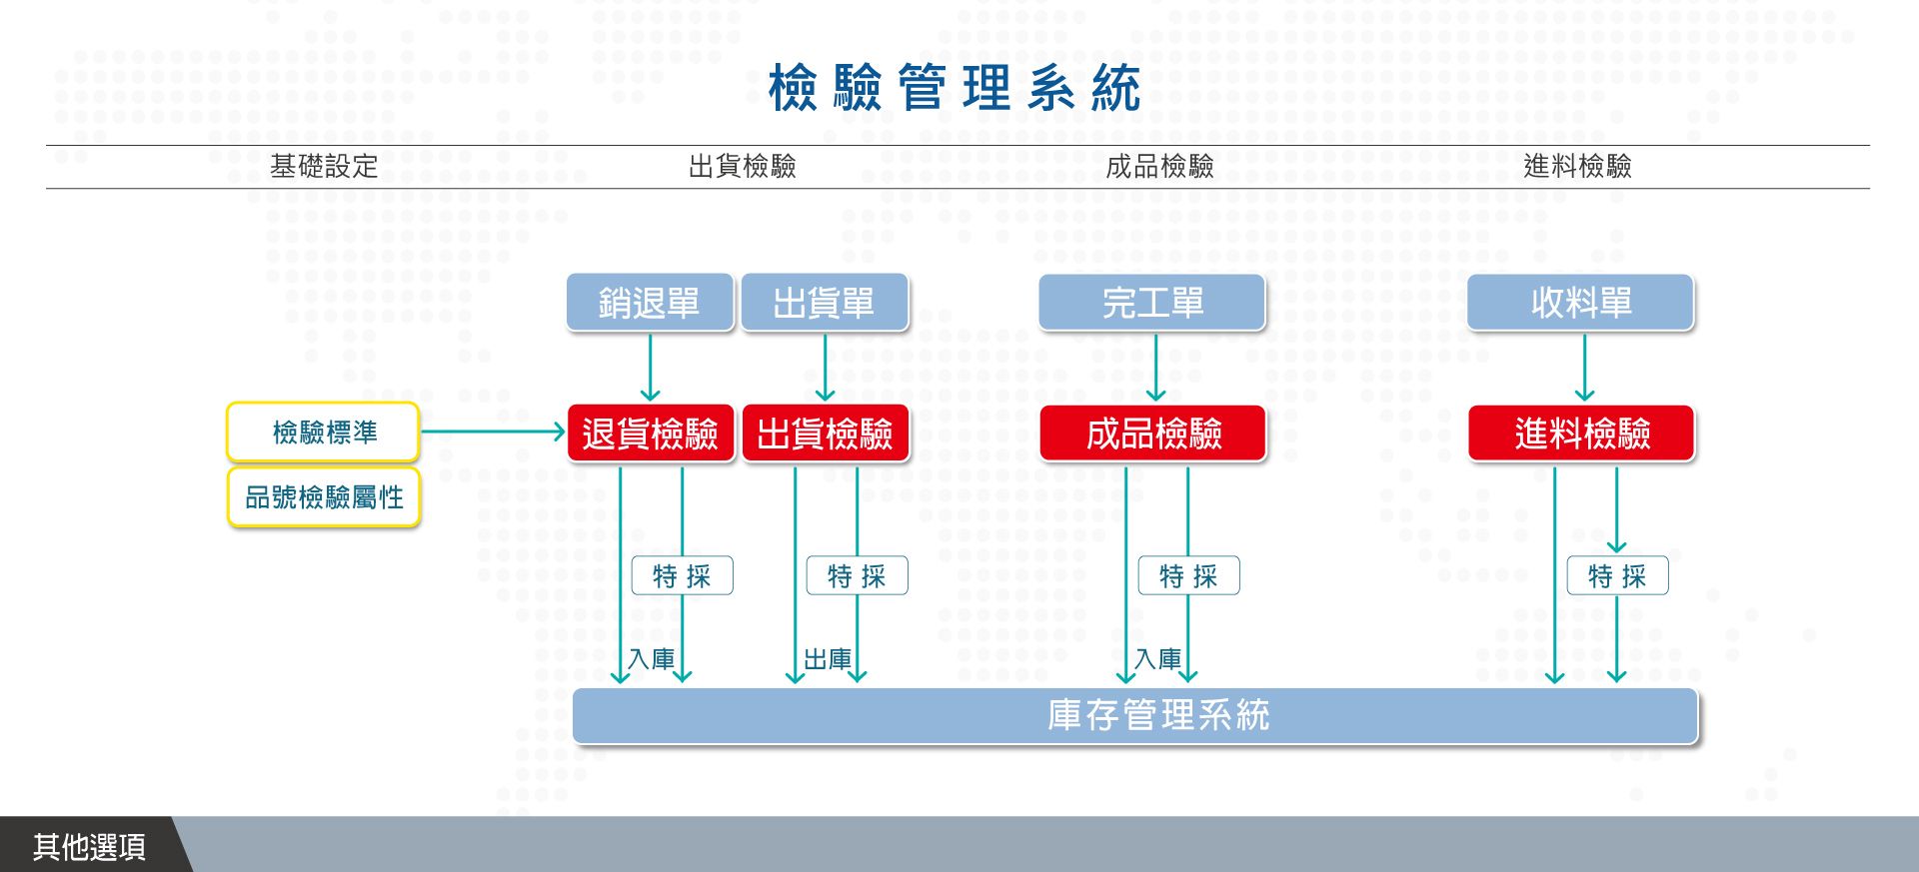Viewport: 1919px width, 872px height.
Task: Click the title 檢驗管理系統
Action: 955,88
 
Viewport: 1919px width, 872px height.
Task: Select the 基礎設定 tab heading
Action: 324,166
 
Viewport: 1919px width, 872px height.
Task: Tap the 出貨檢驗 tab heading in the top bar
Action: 743,166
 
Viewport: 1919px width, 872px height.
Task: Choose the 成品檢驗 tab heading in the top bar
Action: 1160,166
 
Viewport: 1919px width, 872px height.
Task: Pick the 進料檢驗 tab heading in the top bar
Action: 1578,166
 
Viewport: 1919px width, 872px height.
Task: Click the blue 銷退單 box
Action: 651,303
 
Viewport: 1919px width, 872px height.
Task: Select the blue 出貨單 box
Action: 825,303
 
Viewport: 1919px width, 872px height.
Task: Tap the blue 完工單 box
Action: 1152,303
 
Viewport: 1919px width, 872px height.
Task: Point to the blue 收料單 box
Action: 1581,303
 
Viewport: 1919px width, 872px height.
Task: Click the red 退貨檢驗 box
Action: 651,434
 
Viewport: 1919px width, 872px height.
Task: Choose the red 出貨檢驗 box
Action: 826,434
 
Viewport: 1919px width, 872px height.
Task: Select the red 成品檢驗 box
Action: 1153,434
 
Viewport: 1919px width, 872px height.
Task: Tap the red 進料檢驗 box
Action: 1582,434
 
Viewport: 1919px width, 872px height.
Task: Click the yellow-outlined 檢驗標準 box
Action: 324,433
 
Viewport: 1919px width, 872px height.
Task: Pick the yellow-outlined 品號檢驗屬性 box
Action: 324,497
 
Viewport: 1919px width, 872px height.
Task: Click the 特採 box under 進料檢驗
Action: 1618,575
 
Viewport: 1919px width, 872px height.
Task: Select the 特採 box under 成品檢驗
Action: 1189,575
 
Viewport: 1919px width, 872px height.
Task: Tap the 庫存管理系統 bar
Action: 1135,716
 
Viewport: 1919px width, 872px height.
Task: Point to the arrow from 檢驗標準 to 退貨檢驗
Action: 494,433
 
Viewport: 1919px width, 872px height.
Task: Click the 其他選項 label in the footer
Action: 89,847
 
